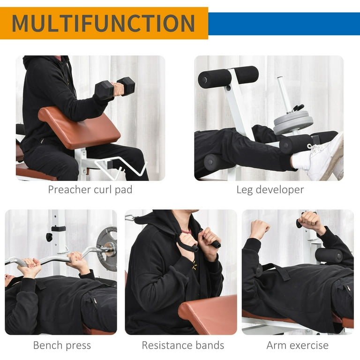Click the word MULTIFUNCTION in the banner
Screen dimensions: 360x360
pos(103,23)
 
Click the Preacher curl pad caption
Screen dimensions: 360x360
pos(90,190)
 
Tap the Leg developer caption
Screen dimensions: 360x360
pos(270,190)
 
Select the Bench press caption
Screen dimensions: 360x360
pos(62,346)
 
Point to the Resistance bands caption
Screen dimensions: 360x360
pos(183,346)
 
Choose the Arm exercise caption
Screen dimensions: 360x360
pos(297,346)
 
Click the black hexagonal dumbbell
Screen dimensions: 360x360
pos(115,88)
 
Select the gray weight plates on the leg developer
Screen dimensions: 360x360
pos(293,122)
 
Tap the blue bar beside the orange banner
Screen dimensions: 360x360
pos(284,23)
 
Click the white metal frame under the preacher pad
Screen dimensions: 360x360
pos(84,164)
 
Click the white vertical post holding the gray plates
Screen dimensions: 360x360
pos(283,94)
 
